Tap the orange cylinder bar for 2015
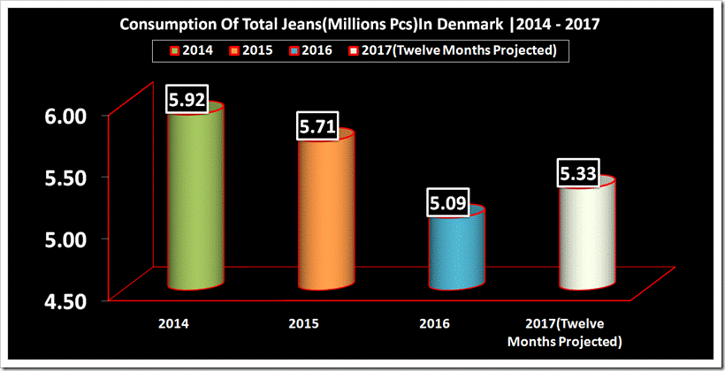click(325, 212)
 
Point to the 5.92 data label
click(187, 100)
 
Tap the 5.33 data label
click(578, 174)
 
